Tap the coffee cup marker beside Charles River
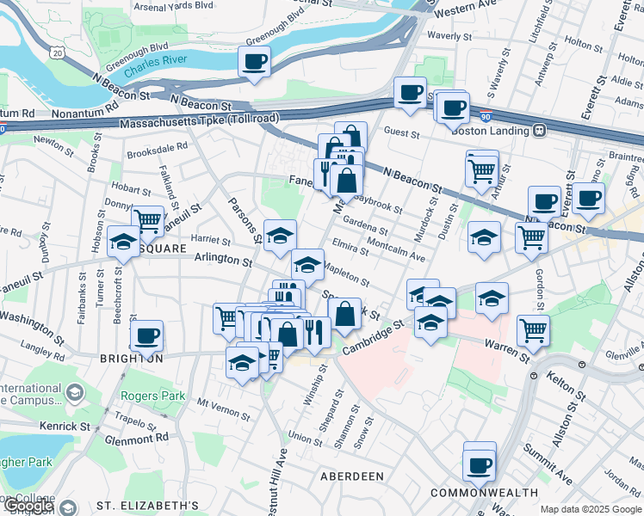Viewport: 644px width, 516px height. tap(255, 62)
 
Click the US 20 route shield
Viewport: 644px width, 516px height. tap(57, 53)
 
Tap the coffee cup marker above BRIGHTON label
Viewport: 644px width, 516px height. tap(146, 336)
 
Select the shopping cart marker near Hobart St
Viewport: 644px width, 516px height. tap(148, 221)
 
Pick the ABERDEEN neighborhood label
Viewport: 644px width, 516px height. tap(351, 476)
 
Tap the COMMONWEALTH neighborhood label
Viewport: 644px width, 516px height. tap(476, 493)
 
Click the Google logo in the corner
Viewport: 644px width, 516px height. tap(28, 506)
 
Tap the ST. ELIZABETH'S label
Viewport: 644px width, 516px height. tap(148, 506)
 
